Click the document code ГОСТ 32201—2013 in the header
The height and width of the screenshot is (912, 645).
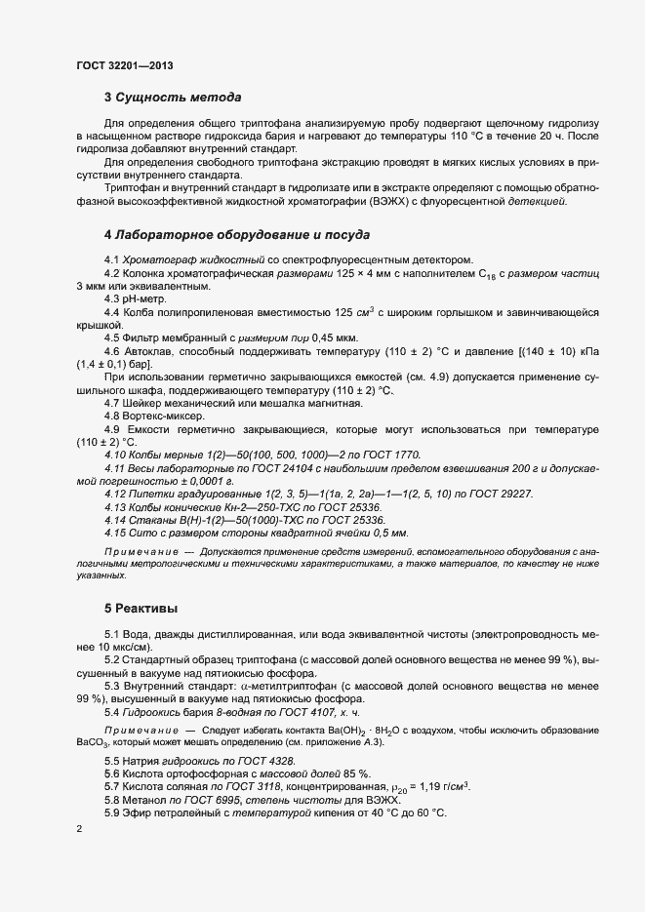(x=126, y=65)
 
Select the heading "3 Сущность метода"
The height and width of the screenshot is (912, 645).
(x=173, y=98)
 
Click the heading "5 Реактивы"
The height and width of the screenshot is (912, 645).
(x=141, y=608)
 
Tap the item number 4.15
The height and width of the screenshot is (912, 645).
(x=115, y=533)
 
